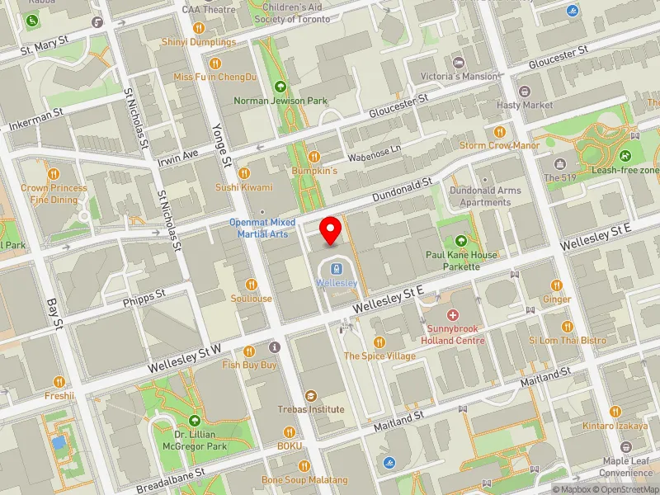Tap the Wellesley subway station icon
(337, 269)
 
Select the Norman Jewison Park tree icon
(280, 86)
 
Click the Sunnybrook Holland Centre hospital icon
(452, 315)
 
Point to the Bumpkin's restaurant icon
(313, 157)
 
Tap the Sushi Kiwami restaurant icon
(244, 173)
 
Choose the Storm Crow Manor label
(499, 146)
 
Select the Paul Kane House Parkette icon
(461, 241)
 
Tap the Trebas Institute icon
(311, 396)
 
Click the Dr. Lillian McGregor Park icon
(195, 421)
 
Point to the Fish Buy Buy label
(249, 364)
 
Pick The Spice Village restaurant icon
(379, 342)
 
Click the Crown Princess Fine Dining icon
(54, 174)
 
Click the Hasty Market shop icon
(525, 92)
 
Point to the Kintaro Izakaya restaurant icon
(615, 412)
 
